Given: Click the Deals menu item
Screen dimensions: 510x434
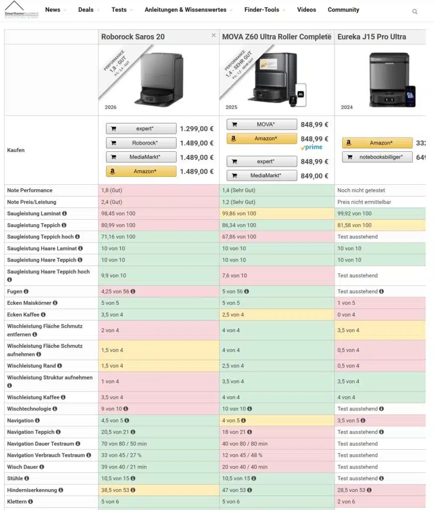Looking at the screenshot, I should pyautogui.click(x=86, y=10).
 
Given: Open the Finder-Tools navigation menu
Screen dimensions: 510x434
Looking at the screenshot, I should pyautogui.click(x=262, y=10).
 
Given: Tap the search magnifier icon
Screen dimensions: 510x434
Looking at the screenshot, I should pyautogui.click(x=415, y=11).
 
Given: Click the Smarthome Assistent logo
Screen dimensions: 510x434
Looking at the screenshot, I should pyautogui.click(x=21, y=10).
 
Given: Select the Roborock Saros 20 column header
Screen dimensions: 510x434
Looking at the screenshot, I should pyautogui.click(x=133, y=37).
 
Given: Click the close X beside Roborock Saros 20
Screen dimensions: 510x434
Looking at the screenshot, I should pyautogui.click(x=214, y=35).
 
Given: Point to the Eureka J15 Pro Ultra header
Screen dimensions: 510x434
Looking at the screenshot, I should pyautogui.click(x=371, y=37).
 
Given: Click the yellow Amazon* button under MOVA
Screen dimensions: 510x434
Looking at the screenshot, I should pyautogui.click(x=262, y=139).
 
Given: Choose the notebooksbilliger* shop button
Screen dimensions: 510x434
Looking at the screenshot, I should pyautogui.click(x=377, y=157).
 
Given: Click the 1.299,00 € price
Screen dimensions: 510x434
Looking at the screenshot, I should pyautogui.click(x=197, y=128).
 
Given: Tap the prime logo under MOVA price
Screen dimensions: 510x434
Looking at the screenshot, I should pyautogui.click(x=312, y=147).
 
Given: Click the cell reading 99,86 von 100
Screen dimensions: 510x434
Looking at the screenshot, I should pyautogui.click(x=239, y=214).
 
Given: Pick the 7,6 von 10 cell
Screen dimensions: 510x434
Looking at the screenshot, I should pyautogui.click(x=233, y=275).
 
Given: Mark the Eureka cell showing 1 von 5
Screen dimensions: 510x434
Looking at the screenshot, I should pyautogui.click(x=346, y=303).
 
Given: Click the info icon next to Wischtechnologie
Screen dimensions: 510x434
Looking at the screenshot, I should pyautogui.click(x=55, y=409).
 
